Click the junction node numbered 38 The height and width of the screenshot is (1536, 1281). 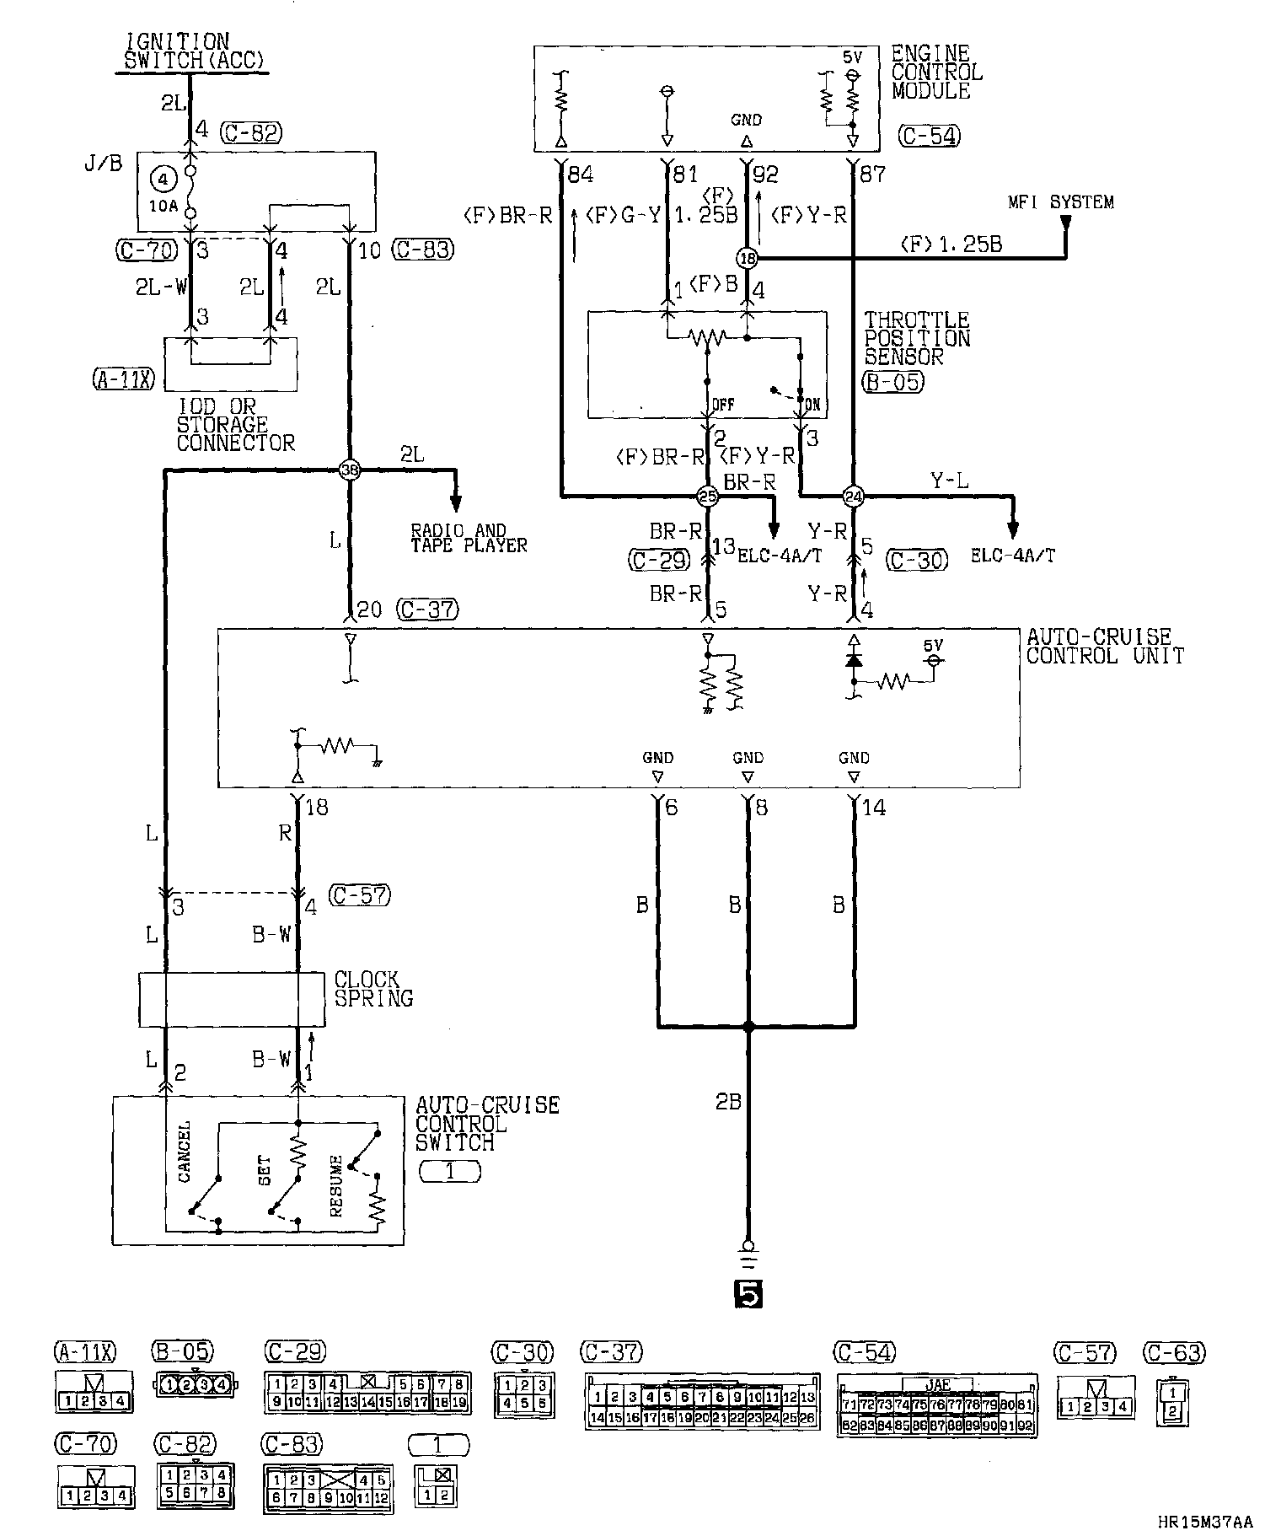pyautogui.click(x=349, y=471)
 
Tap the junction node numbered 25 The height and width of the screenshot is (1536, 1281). pyautogui.click(x=709, y=497)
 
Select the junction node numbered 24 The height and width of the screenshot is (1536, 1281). pyautogui.click(x=854, y=497)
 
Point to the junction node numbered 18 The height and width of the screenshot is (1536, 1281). pyautogui.click(x=747, y=257)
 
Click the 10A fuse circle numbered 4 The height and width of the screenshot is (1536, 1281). pyautogui.click(x=163, y=179)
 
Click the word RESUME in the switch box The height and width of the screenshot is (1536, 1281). pyautogui.click(x=336, y=1187)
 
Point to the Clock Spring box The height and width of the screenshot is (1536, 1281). pyautogui.click(x=232, y=999)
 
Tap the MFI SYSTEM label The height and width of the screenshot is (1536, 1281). pyautogui.click(x=1061, y=202)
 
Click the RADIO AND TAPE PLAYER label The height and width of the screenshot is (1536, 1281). pyautogui.click(x=469, y=538)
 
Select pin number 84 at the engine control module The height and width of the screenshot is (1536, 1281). pyautogui.click(x=580, y=175)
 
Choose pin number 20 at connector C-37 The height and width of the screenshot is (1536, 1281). pyautogui.click(x=369, y=610)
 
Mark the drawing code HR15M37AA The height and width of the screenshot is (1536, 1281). pyautogui.click(x=1204, y=1522)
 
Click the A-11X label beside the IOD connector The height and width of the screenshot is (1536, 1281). pyautogui.click(x=123, y=380)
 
